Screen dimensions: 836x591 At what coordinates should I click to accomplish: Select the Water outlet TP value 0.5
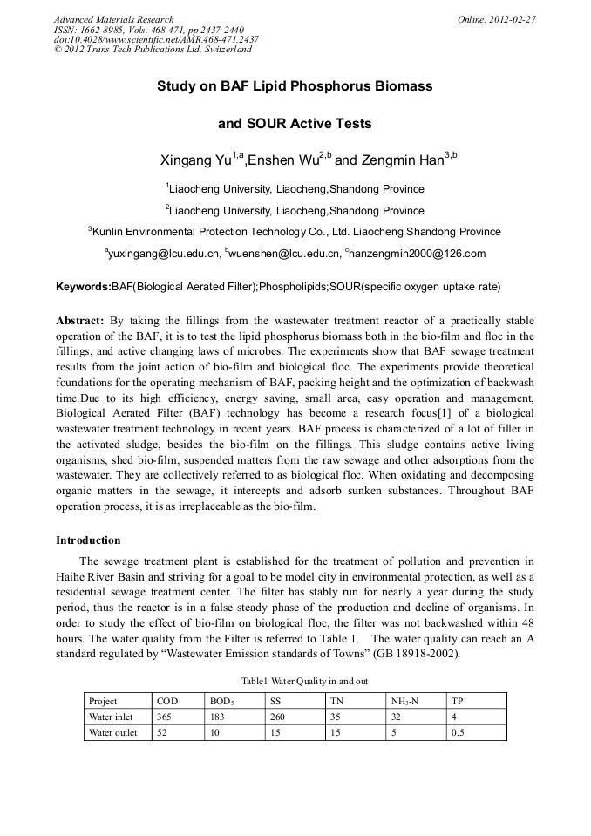pyautogui.click(x=458, y=732)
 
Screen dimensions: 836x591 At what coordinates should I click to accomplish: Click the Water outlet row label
pyautogui.click(x=113, y=732)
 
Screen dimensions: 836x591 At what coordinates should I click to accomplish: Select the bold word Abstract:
pyautogui.click(x=81, y=321)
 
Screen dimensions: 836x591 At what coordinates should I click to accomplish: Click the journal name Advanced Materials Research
pyautogui.click(x=113, y=19)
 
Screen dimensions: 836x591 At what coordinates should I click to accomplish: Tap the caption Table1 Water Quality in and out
pyautogui.click(x=295, y=680)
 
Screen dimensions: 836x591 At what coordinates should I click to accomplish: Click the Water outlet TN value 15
pyautogui.click(x=336, y=732)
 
